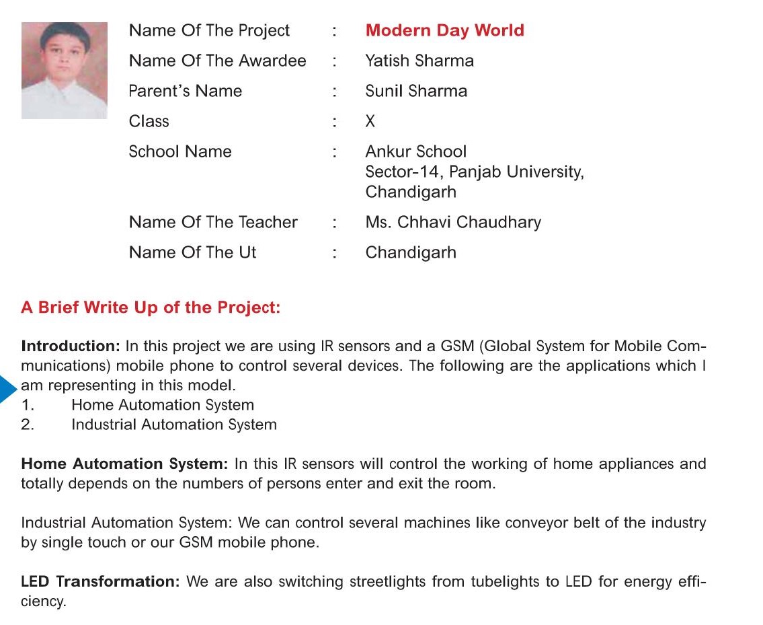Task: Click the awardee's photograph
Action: coord(65,70)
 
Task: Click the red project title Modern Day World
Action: coord(444,31)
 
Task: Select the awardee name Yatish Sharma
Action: coord(419,61)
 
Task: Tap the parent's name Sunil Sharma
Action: coord(416,91)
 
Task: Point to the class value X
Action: coord(370,122)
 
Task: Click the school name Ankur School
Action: coord(415,152)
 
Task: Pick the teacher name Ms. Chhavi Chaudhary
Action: coord(453,223)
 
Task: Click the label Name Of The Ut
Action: coord(192,253)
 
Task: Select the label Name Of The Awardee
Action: coord(217,61)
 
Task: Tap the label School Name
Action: coord(180,152)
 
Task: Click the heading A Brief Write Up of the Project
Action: coord(151,308)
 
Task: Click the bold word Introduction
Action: coord(70,346)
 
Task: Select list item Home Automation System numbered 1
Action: coord(163,405)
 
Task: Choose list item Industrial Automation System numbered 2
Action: coord(173,425)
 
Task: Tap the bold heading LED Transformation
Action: coord(100,582)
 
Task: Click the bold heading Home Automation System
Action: coord(124,464)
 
